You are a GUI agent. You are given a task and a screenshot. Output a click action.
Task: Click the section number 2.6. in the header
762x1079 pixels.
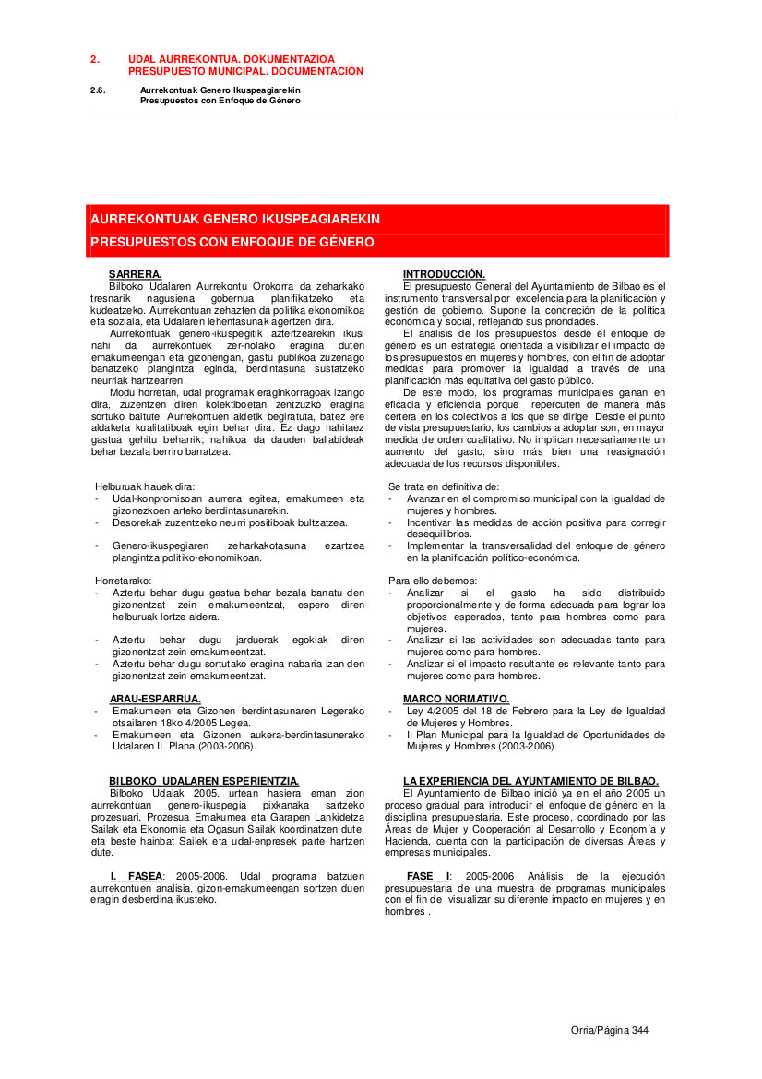[98, 90]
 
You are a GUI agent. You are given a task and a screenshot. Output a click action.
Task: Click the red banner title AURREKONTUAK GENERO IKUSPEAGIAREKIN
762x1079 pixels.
[235, 219]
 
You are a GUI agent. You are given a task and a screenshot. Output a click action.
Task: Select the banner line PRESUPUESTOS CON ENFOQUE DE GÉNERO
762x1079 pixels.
[232, 242]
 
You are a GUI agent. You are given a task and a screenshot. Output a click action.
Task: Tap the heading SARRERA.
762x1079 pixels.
[135, 274]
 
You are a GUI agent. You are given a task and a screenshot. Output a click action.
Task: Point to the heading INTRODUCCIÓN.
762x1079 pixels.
[444, 274]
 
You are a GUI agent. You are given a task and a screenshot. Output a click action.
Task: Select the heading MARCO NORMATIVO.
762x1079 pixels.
[456, 699]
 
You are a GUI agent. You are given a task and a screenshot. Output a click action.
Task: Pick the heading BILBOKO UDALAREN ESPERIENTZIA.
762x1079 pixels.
[204, 781]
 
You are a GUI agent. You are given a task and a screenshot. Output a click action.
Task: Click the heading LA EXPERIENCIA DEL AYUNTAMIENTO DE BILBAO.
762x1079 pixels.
[530, 781]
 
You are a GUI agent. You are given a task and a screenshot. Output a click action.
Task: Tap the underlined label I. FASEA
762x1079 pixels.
[136, 875]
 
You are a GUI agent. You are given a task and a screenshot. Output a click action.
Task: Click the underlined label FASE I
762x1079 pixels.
[429, 875]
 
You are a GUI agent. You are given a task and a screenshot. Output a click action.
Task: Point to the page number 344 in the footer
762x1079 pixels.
[640, 1030]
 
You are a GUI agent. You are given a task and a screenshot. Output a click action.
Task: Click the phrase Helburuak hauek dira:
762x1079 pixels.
[145, 486]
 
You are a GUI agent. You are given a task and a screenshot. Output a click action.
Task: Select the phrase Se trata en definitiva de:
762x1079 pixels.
[444, 486]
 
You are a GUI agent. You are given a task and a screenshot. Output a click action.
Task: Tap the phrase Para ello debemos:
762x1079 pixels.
[433, 581]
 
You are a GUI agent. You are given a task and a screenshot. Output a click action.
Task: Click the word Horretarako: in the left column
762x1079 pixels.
[124, 581]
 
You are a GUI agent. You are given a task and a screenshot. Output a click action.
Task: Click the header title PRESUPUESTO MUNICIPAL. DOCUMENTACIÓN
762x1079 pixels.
[245, 71]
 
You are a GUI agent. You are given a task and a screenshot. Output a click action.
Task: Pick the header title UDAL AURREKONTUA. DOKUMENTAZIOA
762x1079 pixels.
[232, 58]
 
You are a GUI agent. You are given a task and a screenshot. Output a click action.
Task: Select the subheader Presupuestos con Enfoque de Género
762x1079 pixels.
[220, 100]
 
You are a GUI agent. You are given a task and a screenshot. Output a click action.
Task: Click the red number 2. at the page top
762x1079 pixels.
[94, 58]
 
